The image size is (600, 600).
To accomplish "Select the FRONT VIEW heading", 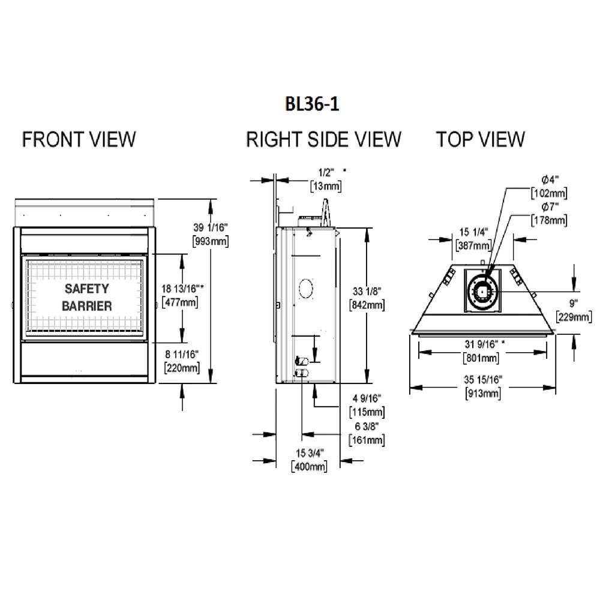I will tap(79, 139).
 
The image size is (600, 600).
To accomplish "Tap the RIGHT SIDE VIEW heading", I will tap(323, 139).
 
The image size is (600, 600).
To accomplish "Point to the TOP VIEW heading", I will tap(480, 139).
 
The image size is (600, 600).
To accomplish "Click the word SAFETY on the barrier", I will tap(86, 289).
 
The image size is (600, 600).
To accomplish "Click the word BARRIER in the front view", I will tap(86, 306).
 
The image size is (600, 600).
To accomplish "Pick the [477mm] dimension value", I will tap(180, 302).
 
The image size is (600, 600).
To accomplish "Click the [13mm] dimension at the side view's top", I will tap(326, 187).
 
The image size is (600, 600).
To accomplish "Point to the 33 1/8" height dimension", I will tap(367, 292).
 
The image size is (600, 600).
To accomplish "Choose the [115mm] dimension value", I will tap(367, 413).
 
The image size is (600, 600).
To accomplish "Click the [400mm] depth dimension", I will tap(308, 466).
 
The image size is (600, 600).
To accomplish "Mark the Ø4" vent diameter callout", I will tap(549, 181).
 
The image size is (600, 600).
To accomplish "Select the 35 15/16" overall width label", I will tap(483, 379).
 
